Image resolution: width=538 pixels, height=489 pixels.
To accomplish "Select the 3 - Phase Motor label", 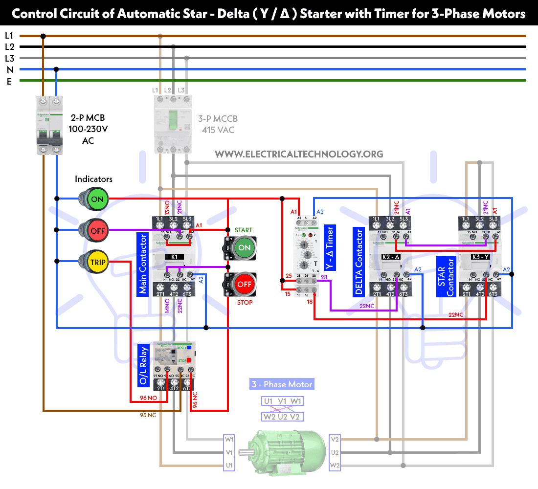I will (x=282, y=384).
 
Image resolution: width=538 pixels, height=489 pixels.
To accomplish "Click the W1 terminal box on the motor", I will (x=229, y=439).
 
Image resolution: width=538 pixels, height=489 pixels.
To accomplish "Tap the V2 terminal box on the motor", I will (x=335, y=439).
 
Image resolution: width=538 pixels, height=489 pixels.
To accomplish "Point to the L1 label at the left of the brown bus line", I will (x=9, y=36).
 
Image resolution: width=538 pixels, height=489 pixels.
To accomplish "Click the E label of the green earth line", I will (x=9, y=81).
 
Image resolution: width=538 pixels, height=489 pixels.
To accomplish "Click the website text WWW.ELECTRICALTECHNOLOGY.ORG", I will (x=299, y=154).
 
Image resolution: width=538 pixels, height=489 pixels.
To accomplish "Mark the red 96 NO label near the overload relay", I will (x=148, y=398).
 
